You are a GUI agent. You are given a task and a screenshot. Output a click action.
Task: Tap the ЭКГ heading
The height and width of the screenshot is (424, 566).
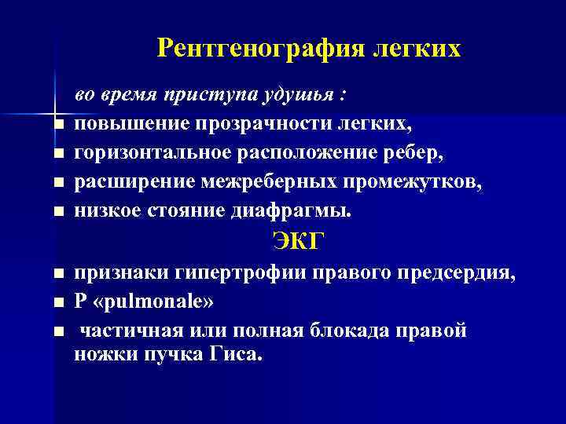(298, 240)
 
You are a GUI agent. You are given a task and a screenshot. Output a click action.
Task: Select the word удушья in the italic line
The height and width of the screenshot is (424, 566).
(300, 96)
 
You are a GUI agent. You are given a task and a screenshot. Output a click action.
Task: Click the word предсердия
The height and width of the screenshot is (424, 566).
(449, 273)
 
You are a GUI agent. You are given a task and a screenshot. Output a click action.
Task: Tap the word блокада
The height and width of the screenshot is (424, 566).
(373, 331)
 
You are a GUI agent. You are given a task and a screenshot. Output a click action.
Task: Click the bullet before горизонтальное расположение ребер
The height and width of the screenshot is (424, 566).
(57, 155)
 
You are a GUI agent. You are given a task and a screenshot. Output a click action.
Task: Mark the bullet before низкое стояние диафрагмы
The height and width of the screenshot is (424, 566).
(57, 212)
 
